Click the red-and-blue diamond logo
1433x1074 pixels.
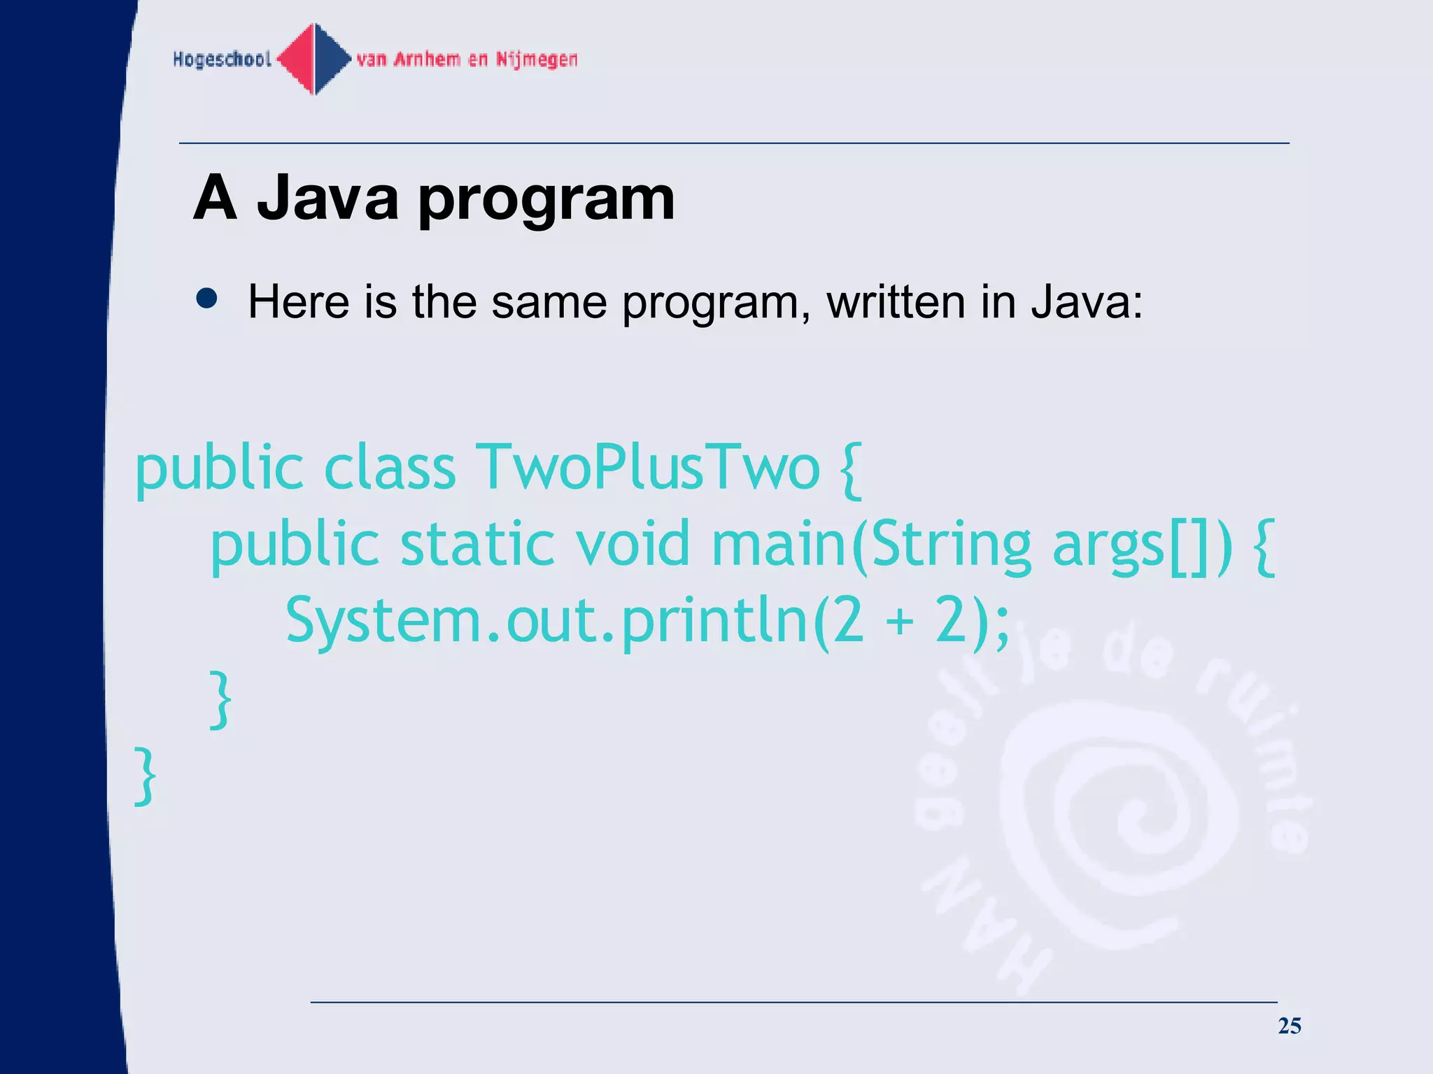point(314,59)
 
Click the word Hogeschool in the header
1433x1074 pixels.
point(222,59)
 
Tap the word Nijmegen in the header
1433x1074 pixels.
point(537,59)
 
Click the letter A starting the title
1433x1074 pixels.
point(215,198)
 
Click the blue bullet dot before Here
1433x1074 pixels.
point(207,299)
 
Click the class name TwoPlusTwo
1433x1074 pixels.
point(647,467)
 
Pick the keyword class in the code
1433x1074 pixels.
point(390,467)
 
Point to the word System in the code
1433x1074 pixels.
point(384,622)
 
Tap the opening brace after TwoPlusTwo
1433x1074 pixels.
point(849,470)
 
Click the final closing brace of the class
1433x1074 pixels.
point(145,776)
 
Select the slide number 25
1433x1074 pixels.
point(1289,1026)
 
